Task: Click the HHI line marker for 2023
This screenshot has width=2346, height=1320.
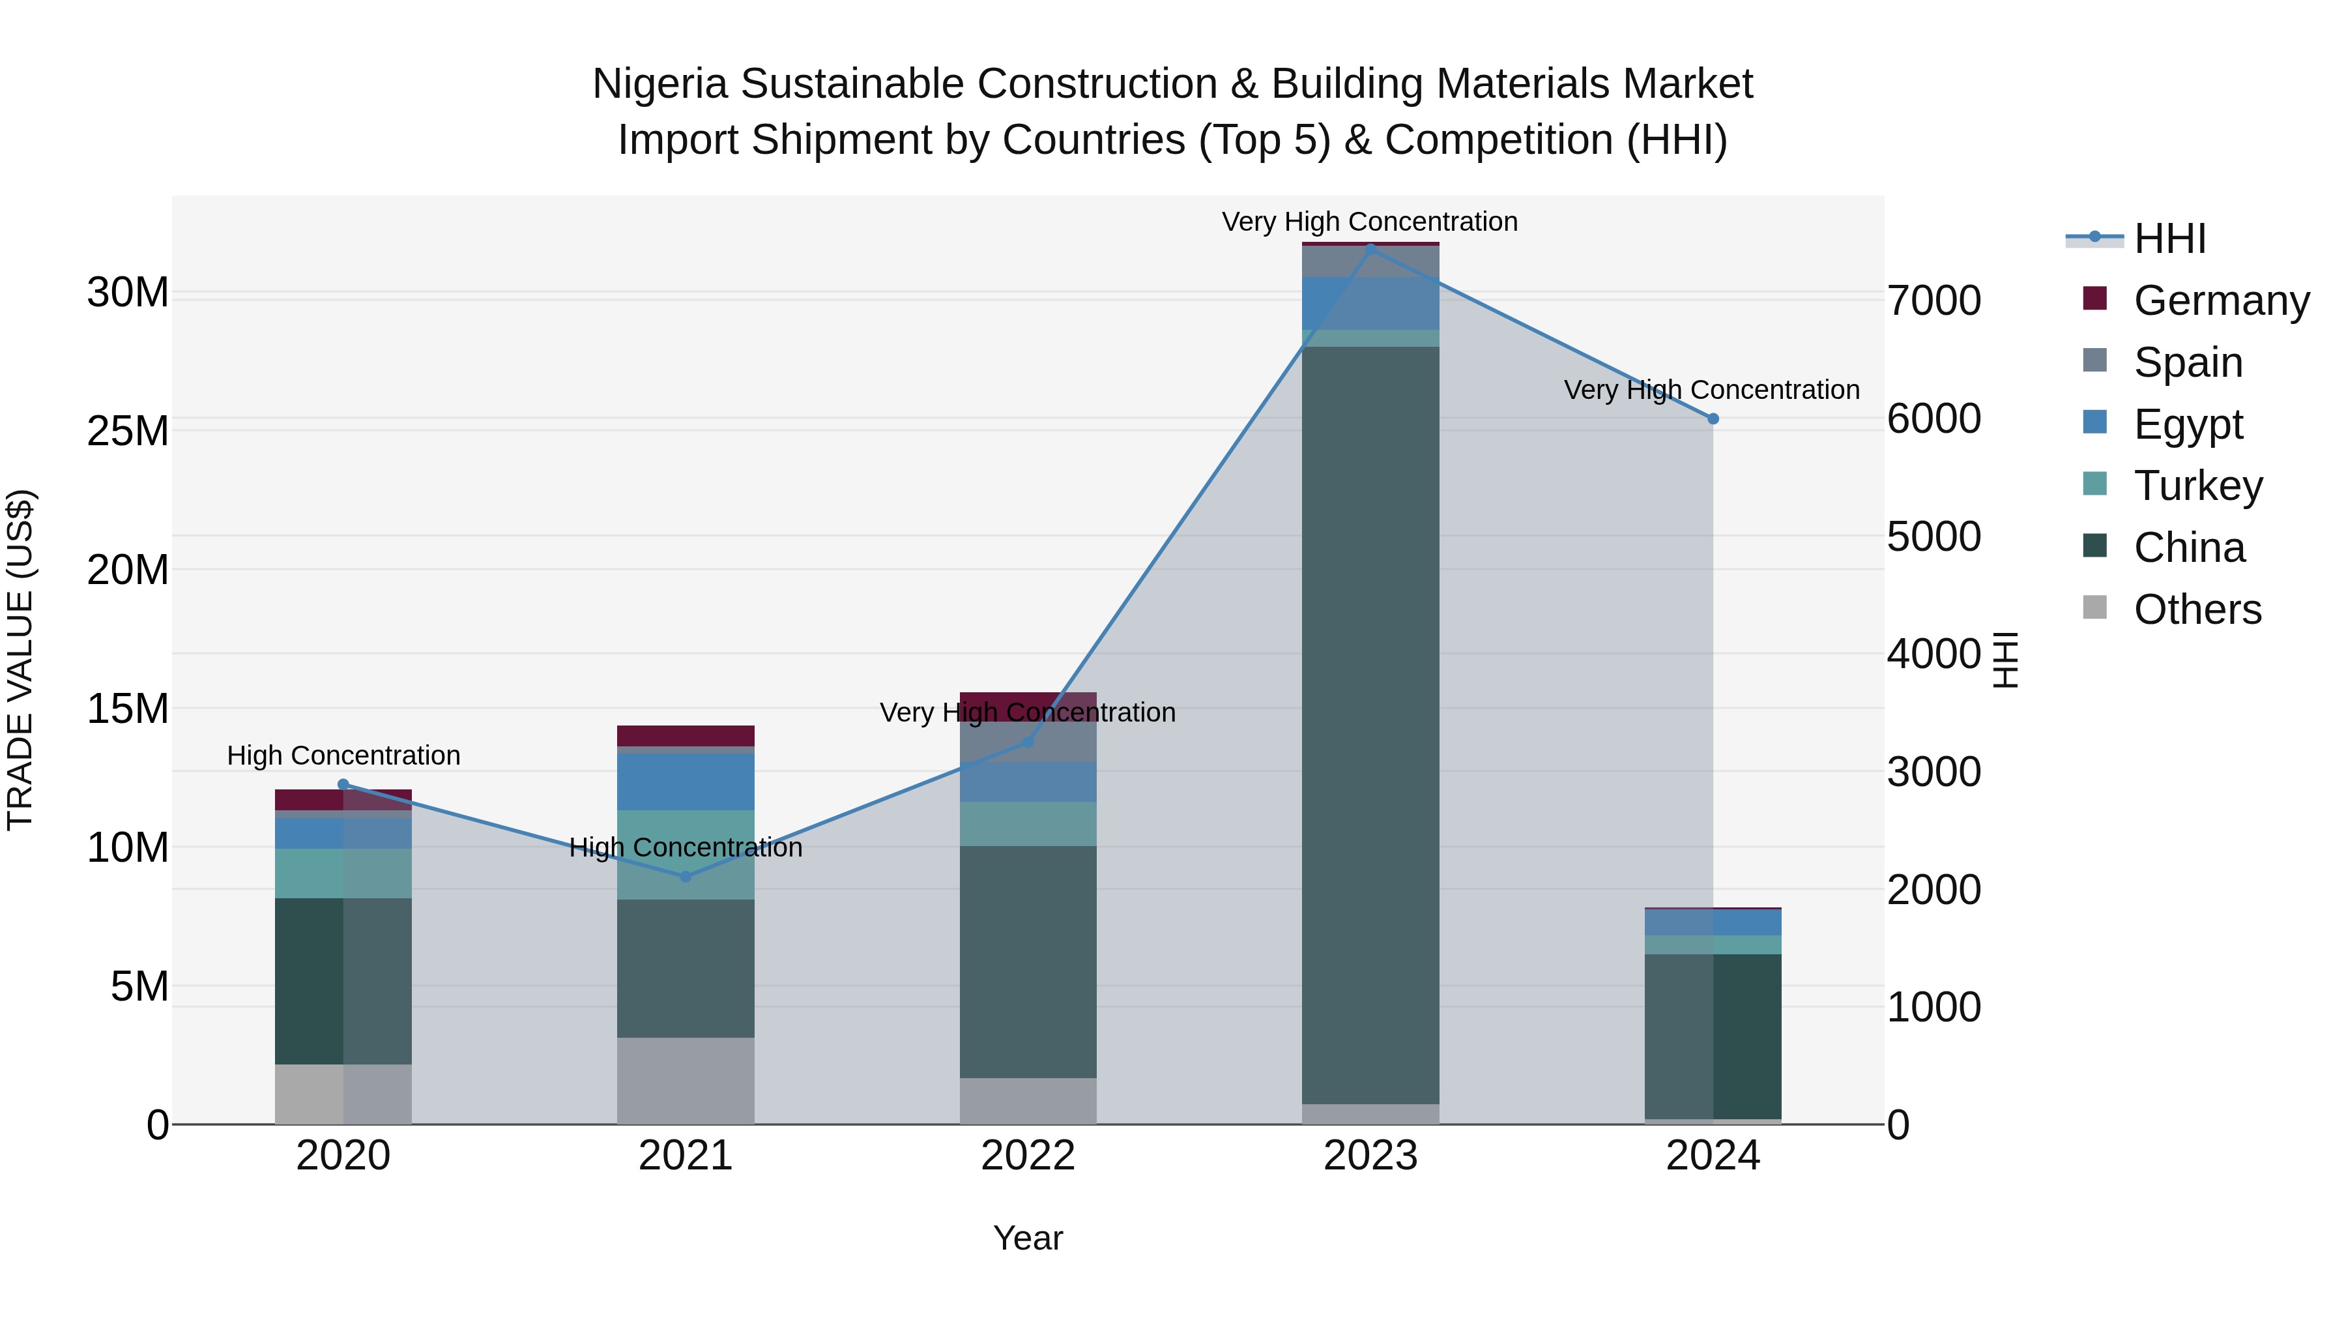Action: [x=1370, y=249]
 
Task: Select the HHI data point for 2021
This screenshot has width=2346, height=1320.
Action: [x=686, y=876]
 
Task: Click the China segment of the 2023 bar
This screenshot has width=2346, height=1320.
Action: [x=1370, y=724]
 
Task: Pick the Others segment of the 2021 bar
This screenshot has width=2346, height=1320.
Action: [x=686, y=1080]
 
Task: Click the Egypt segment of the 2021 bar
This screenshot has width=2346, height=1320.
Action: [x=686, y=781]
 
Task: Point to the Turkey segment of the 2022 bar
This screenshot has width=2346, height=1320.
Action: [x=1028, y=823]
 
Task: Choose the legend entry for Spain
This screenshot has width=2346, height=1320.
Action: [x=2188, y=362]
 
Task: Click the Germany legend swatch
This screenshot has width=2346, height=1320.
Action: [x=2094, y=299]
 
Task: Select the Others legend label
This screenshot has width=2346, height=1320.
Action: [x=2197, y=609]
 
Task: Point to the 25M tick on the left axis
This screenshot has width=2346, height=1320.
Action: [x=128, y=432]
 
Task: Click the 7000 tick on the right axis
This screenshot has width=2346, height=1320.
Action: [x=1933, y=301]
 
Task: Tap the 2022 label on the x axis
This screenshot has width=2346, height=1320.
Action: [x=1028, y=1156]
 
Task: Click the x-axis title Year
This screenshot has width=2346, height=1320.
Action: [x=1028, y=1238]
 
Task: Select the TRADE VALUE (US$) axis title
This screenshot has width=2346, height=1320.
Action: [x=21, y=660]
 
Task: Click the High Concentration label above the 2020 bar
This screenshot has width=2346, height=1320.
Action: [x=343, y=755]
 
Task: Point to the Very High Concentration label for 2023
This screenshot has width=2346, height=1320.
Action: [x=1370, y=222]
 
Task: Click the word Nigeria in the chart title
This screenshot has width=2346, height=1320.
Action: [x=660, y=84]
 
